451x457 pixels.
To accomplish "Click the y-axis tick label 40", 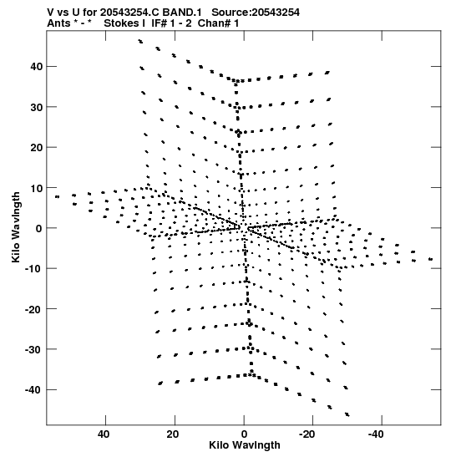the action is pyautogui.click(x=36, y=67).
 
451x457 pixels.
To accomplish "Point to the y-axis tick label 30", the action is pyautogui.click(x=36, y=107).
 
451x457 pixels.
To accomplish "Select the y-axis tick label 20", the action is pyautogui.click(x=36, y=148).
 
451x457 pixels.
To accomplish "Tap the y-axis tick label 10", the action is pyautogui.click(x=36, y=188).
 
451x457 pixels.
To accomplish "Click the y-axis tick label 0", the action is pyautogui.click(x=39, y=228).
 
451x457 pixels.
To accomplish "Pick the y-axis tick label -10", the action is pyautogui.click(x=33, y=269).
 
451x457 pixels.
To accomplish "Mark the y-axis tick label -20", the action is pyautogui.click(x=33, y=309).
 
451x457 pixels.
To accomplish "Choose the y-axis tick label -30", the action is pyautogui.click(x=33, y=349).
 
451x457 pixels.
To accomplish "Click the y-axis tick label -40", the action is pyautogui.click(x=33, y=389).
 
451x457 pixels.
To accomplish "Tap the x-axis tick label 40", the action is pyautogui.click(x=104, y=434).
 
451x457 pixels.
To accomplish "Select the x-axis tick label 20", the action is pyautogui.click(x=173, y=434).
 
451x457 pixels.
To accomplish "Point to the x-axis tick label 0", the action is pyautogui.click(x=244, y=434).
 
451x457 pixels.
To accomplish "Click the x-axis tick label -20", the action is pyautogui.click(x=307, y=434).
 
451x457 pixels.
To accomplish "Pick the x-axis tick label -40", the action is pyautogui.click(x=376, y=434).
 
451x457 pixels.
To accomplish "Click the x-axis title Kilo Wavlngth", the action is pyautogui.click(x=245, y=445).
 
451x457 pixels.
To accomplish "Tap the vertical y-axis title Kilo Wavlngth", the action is pyautogui.click(x=16, y=227).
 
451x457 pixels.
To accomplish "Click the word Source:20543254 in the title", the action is pyautogui.click(x=256, y=13).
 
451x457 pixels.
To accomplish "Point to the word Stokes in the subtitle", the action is pyautogui.click(x=122, y=23).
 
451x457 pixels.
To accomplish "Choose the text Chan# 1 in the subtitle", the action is pyautogui.click(x=218, y=23).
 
